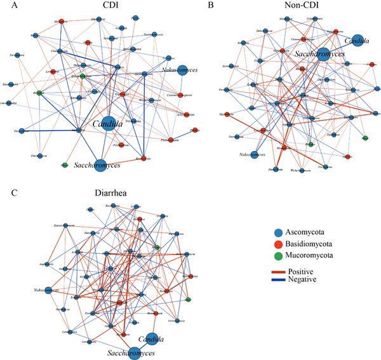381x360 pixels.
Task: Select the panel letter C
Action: pos(5,189)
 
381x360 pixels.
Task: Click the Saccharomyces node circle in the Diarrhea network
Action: pos(135,352)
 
